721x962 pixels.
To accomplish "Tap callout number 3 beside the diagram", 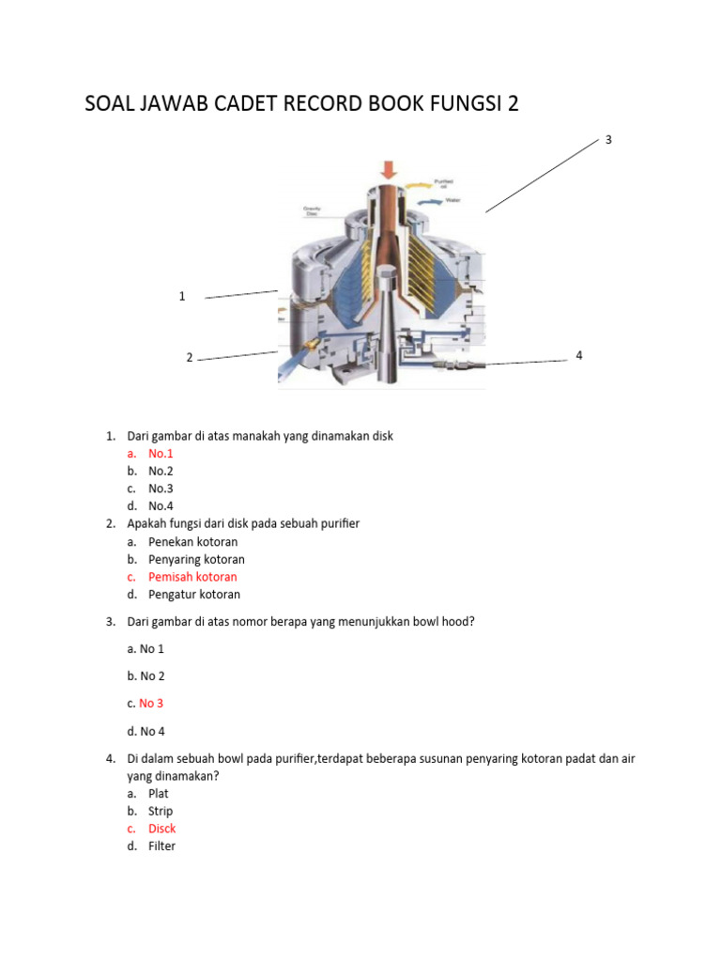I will pos(608,140).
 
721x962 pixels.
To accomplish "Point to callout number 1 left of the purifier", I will pos(182,296).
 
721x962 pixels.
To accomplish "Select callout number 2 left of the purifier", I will pos(189,357).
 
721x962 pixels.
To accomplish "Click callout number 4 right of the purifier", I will pos(579,355).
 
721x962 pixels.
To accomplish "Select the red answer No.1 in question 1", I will pos(161,454).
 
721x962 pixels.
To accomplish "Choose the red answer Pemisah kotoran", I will pos(192,577).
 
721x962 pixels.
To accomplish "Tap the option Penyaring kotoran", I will pos(196,559).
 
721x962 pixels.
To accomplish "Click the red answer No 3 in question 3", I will pos(151,703).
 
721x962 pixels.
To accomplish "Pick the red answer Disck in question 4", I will pos(161,829).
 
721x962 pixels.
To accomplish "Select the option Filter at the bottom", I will pos(161,846).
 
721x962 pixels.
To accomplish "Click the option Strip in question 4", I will pos(161,811).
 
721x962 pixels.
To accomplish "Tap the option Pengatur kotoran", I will pos(194,594).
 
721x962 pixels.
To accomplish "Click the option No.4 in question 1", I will pos(161,505).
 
